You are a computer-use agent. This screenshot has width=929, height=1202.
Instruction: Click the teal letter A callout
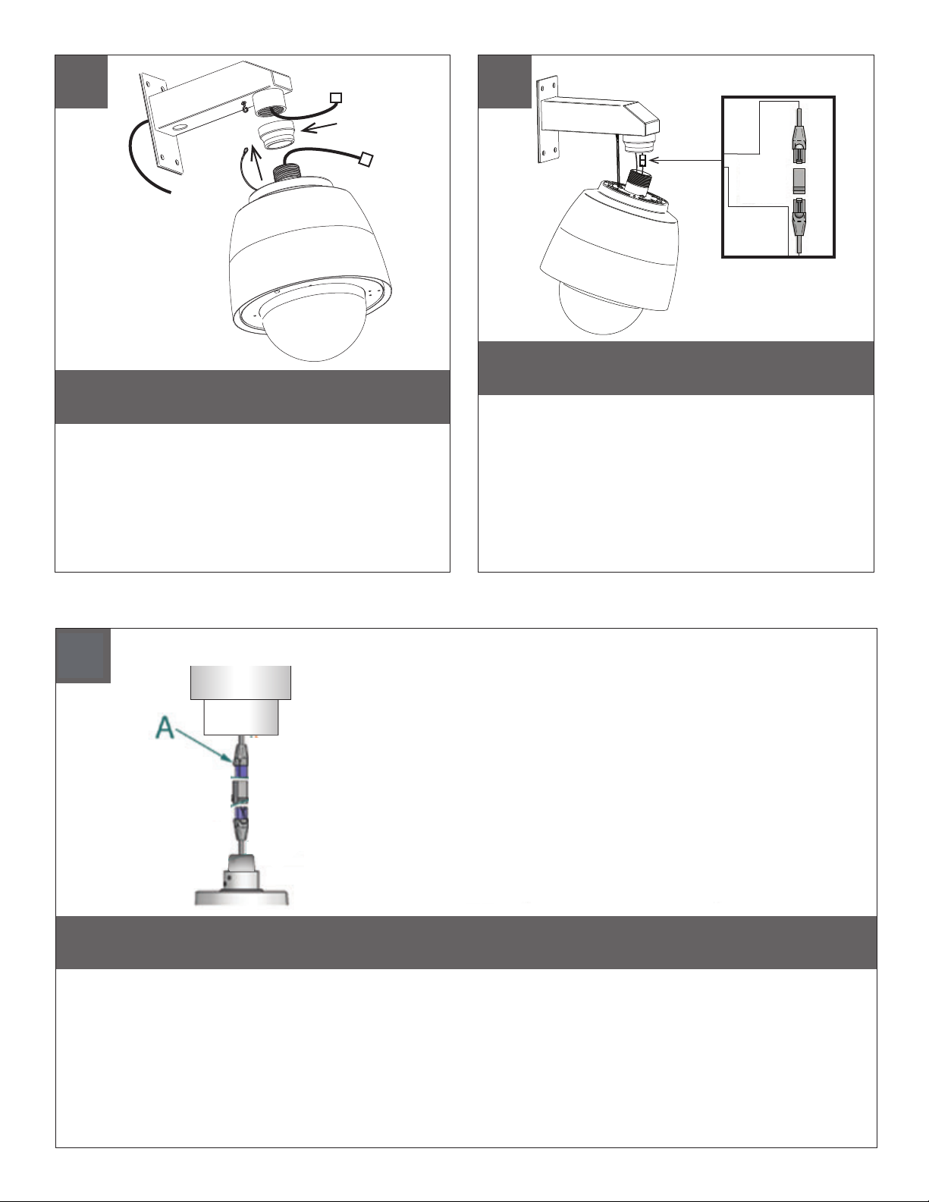[165, 727]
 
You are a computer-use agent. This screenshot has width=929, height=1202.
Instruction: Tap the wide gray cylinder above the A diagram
[240, 683]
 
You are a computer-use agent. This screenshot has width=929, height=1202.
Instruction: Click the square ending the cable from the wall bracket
[336, 98]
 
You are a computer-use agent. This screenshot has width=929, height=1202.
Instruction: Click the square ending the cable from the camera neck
[366, 159]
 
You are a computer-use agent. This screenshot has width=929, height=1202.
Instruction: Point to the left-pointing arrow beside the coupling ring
[322, 128]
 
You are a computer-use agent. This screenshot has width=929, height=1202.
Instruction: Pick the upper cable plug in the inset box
[799, 142]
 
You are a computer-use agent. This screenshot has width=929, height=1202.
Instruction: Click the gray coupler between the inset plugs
[799, 181]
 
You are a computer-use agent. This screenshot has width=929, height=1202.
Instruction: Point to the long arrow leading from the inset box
[685, 161]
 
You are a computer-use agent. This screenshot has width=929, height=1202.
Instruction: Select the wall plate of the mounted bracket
[548, 121]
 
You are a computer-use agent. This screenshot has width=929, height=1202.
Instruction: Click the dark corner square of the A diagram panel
[83, 655]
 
